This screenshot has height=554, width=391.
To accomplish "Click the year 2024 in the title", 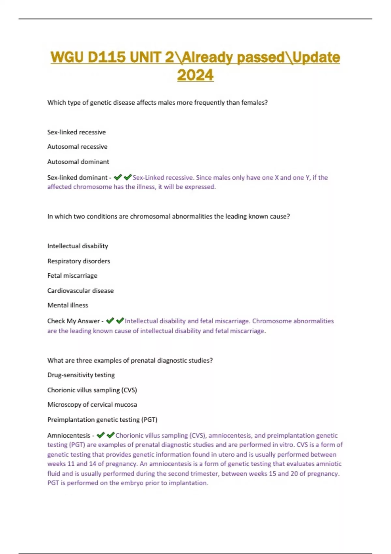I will tap(195, 75).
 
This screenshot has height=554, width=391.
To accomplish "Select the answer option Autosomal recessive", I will tap(77, 147).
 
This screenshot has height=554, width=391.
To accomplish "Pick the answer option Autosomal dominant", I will tap(78, 162).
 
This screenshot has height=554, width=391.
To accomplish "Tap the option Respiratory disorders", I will tap(79, 261).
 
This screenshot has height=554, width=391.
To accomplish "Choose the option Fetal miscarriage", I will tap(72, 276).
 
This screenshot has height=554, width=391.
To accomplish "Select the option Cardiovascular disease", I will tap(80, 291).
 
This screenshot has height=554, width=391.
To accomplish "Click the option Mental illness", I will tap(68, 305).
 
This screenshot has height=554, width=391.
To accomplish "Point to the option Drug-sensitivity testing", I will tap(81, 375).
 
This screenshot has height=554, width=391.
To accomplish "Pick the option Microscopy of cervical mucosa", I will tap(92, 405).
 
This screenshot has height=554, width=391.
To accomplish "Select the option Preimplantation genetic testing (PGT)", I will tap(102, 420).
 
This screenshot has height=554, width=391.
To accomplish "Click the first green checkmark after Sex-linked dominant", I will tap(118, 177).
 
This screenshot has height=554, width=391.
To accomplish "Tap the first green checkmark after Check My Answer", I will tap(110, 321).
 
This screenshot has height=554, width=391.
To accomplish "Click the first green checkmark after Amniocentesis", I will tap(101, 435).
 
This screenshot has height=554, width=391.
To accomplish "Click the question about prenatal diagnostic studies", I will tap(130, 360).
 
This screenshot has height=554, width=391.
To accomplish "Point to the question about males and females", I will tap(157, 103).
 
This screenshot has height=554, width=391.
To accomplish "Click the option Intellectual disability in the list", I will tap(78, 246).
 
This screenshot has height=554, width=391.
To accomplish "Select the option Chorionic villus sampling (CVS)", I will tap(92, 390).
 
